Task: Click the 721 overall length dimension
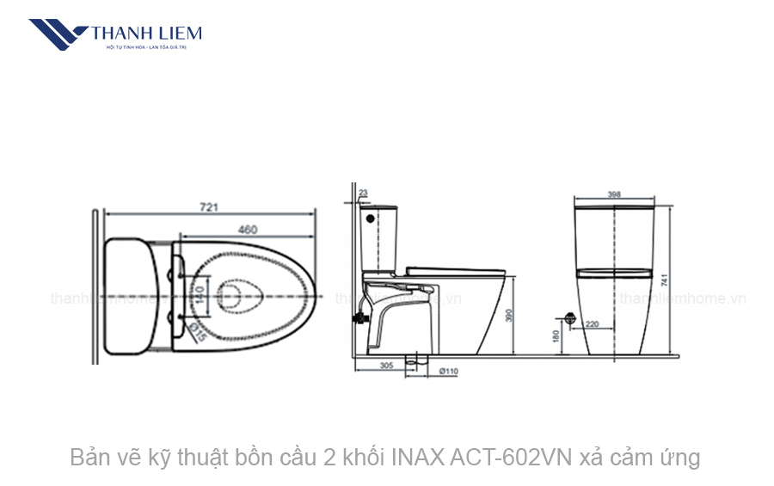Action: [209, 206]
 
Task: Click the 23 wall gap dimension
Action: [363, 194]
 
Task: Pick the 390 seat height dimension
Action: [508, 317]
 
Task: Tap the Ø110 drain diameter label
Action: [447, 372]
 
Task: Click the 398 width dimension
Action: [613, 194]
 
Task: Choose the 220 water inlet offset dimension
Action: [593, 324]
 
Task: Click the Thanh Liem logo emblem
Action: [58, 34]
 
